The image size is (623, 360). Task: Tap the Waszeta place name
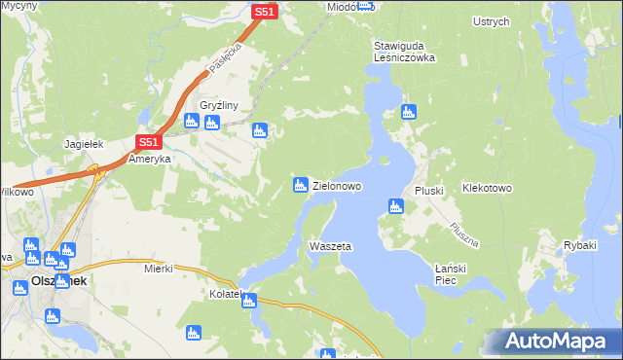point(329,246)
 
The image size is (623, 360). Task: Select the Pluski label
point(429,191)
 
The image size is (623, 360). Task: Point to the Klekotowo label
point(488,187)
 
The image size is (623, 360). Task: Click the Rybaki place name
point(579,245)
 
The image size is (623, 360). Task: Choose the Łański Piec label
point(453,273)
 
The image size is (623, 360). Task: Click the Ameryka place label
point(150,159)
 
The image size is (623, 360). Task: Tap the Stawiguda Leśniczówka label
point(403,52)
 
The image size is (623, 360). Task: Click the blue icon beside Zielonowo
point(301,185)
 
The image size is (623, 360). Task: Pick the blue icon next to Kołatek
point(249,301)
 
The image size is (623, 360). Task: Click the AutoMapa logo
point(553,342)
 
